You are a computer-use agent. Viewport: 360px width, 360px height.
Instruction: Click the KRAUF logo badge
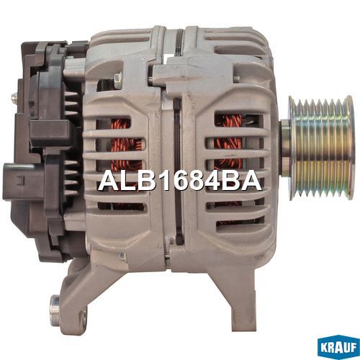[338, 348]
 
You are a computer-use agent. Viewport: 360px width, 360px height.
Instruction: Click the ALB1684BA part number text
[179, 181]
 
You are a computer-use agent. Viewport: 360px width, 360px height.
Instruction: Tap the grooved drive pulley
[322, 148]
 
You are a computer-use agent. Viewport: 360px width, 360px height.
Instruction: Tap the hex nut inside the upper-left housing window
[118, 79]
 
